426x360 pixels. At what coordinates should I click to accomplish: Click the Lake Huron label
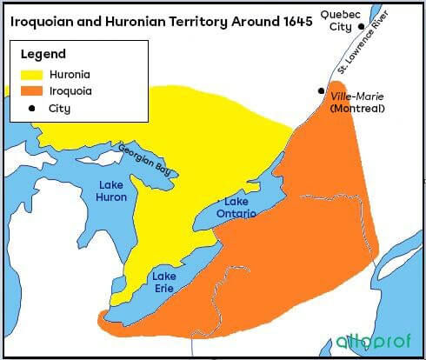coord(112,190)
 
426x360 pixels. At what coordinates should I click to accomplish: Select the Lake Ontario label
coord(235,207)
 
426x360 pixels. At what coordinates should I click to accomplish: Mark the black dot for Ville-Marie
coord(321,90)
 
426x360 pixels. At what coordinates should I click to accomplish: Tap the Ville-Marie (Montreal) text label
coord(359,102)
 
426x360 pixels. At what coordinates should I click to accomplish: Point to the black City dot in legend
coord(33,109)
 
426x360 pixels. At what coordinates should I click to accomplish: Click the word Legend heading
coord(43,53)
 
